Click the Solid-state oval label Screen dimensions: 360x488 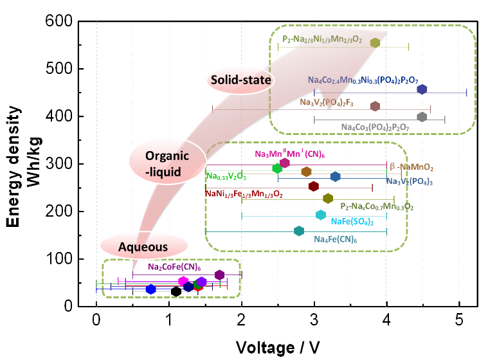tap(240, 79)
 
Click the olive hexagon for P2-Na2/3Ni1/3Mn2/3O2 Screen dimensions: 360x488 tap(375, 42)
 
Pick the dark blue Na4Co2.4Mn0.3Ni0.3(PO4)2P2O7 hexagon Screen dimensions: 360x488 tap(422, 89)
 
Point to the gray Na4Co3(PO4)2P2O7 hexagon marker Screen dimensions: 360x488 tap(422, 116)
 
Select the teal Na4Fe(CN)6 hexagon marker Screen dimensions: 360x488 tap(298, 230)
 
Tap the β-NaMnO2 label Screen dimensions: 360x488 tap(412, 167)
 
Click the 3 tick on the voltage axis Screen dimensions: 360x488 tap(314, 319)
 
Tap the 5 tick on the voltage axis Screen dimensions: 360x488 tap(458, 319)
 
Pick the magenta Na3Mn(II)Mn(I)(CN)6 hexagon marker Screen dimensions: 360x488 tap(285, 163)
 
